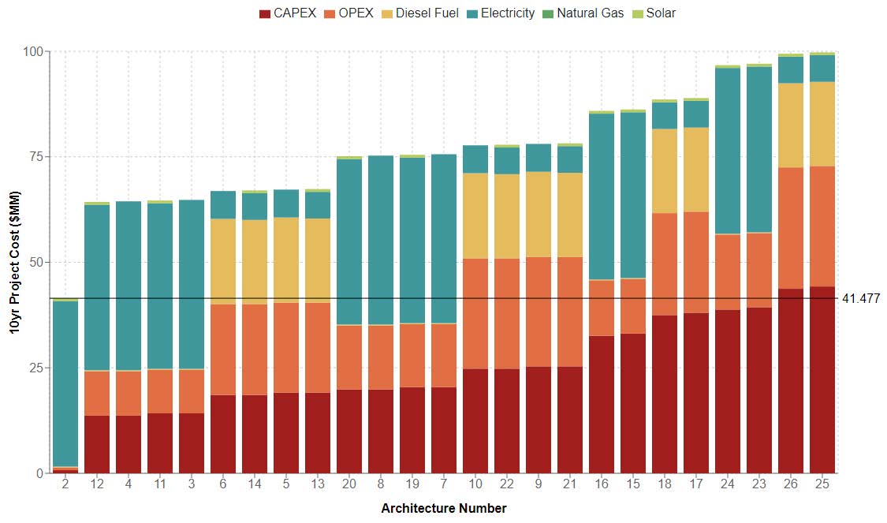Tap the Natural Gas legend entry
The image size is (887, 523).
pyautogui.click(x=584, y=13)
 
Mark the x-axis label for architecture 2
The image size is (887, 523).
pyautogui.click(x=65, y=484)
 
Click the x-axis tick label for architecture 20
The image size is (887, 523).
pyautogui.click(x=349, y=484)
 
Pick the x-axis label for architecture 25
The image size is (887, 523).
pyautogui.click(x=822, y=484)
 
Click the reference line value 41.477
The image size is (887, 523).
pyautogui.click(x=867, y=299)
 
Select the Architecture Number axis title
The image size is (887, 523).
pyautogui.click(x=444, y=509)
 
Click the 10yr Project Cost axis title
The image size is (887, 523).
pyautogui.click(x=15, y=262)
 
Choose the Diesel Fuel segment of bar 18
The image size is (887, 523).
pyautogui.click(x=665, y=170)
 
